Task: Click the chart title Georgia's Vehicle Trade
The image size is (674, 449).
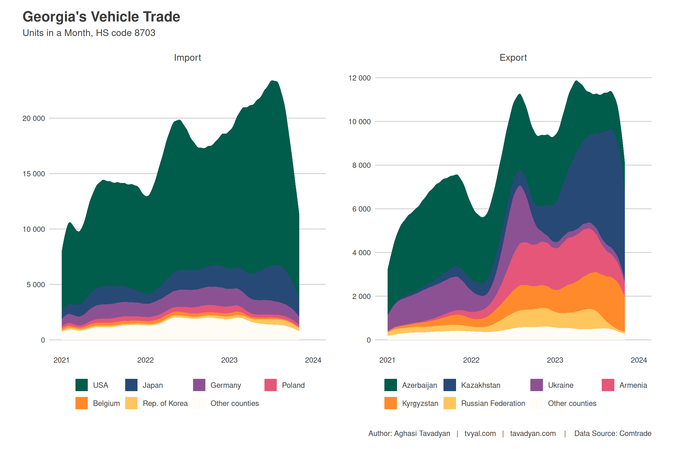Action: click(x=101, y=17)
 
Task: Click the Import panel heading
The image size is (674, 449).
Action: click(x=187, y=58)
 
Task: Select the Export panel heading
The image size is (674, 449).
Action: click(x=513, y=58)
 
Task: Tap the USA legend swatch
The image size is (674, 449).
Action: click(x=81, y=385)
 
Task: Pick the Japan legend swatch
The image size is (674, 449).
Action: click(x=131, y=385)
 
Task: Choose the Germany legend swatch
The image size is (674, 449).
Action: click(x=199, y=385)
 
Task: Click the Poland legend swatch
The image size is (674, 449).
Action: click(x=270, y=385)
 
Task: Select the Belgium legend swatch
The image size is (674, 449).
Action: click(x=81, y=403)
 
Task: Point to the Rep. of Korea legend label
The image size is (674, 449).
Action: click(x=165, y=403)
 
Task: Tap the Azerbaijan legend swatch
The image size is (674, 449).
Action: click(x=391, y=385)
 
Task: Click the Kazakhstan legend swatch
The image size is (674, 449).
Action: click(x=450, y=385)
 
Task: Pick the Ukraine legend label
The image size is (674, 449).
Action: click(x=560, y=385)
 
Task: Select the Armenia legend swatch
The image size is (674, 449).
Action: click(x=608, y=385)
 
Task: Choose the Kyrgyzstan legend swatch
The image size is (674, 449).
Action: click(x=391, y=403)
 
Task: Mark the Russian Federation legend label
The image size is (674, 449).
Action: click(x=493, y=403)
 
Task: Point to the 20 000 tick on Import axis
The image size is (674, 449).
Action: click(x=34, y=118)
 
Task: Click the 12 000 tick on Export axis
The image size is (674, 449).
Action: click(x=359, y=78)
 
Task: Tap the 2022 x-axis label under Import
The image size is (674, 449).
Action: click(x=145, y=360)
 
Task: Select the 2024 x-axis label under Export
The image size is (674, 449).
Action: click(x=639, y=360)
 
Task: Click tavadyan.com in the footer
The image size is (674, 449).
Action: click(x=533, y=434)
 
